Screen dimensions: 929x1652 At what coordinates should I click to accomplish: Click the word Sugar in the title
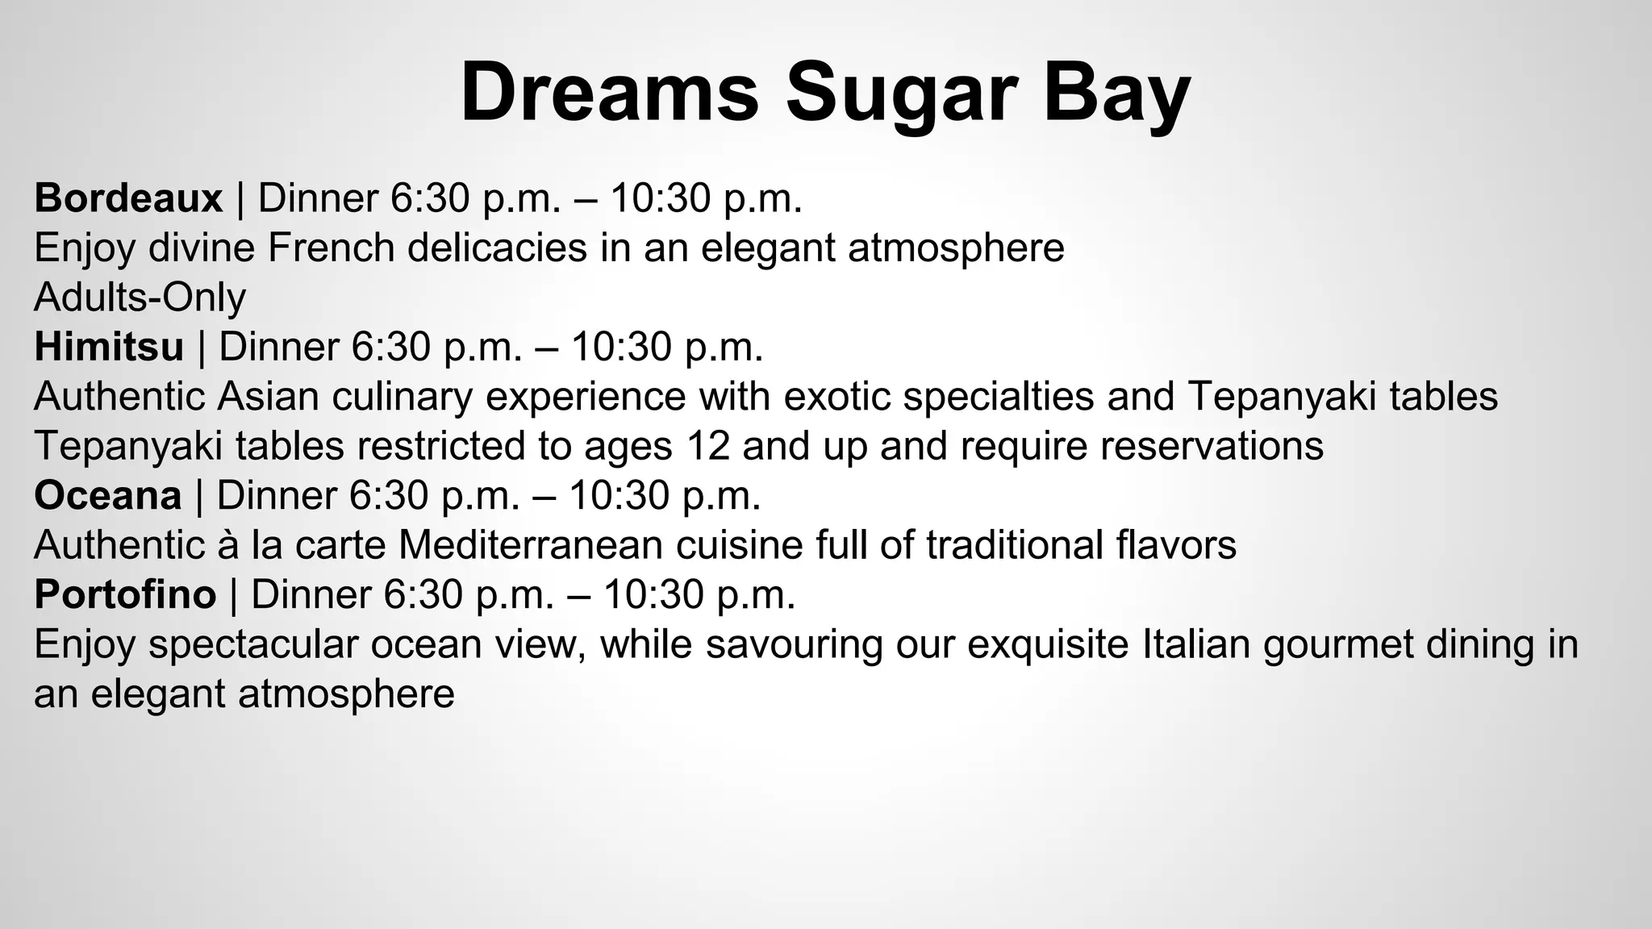900,94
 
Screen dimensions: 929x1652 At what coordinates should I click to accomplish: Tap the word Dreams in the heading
609,92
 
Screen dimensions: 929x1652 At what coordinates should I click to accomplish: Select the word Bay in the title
1116,94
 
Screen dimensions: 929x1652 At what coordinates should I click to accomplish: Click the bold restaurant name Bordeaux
128,198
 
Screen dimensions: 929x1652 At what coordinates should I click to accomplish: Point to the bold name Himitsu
109,348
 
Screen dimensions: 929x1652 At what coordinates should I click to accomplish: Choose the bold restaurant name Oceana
107,495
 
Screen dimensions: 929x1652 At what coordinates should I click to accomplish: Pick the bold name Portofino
125,594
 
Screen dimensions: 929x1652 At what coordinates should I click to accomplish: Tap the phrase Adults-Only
140,298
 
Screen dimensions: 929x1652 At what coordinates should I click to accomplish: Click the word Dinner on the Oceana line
276,495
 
